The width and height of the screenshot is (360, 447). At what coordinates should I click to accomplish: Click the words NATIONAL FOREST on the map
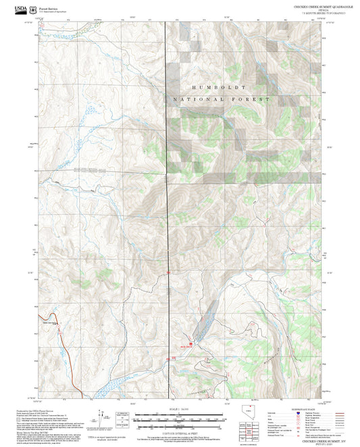(x=222, y=99)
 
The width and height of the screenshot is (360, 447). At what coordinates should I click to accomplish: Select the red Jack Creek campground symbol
(x=190, y=343)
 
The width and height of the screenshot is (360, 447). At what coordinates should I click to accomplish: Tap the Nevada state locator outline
(x=248, y=412)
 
